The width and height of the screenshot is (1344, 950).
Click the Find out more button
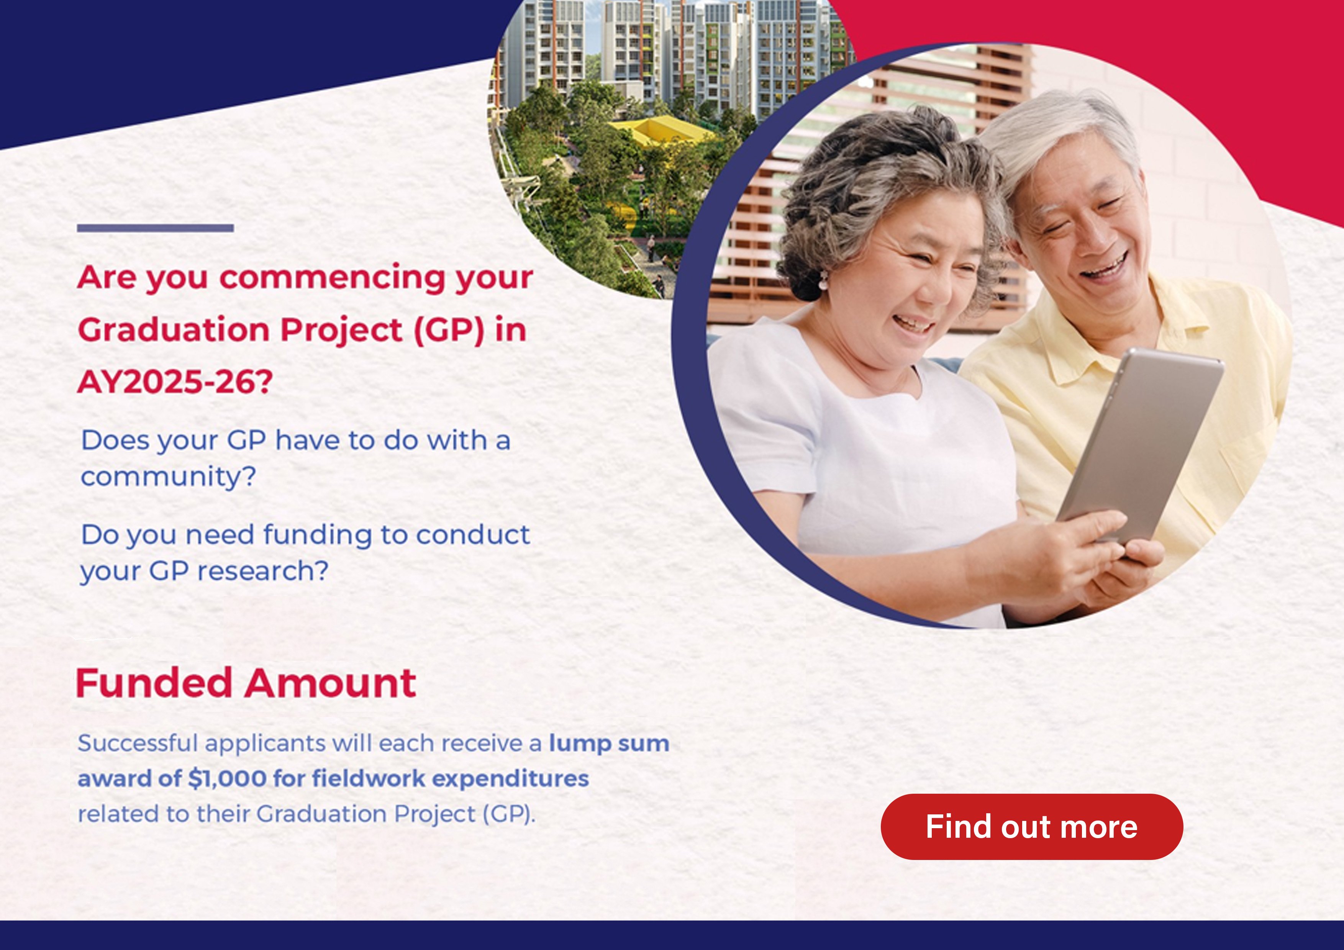(1031, 827)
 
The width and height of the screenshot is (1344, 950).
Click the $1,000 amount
(227, 778)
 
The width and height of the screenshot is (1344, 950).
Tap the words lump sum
(609, 744)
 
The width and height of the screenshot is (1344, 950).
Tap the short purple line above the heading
(155, 228)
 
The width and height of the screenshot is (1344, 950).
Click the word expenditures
(510, 778)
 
